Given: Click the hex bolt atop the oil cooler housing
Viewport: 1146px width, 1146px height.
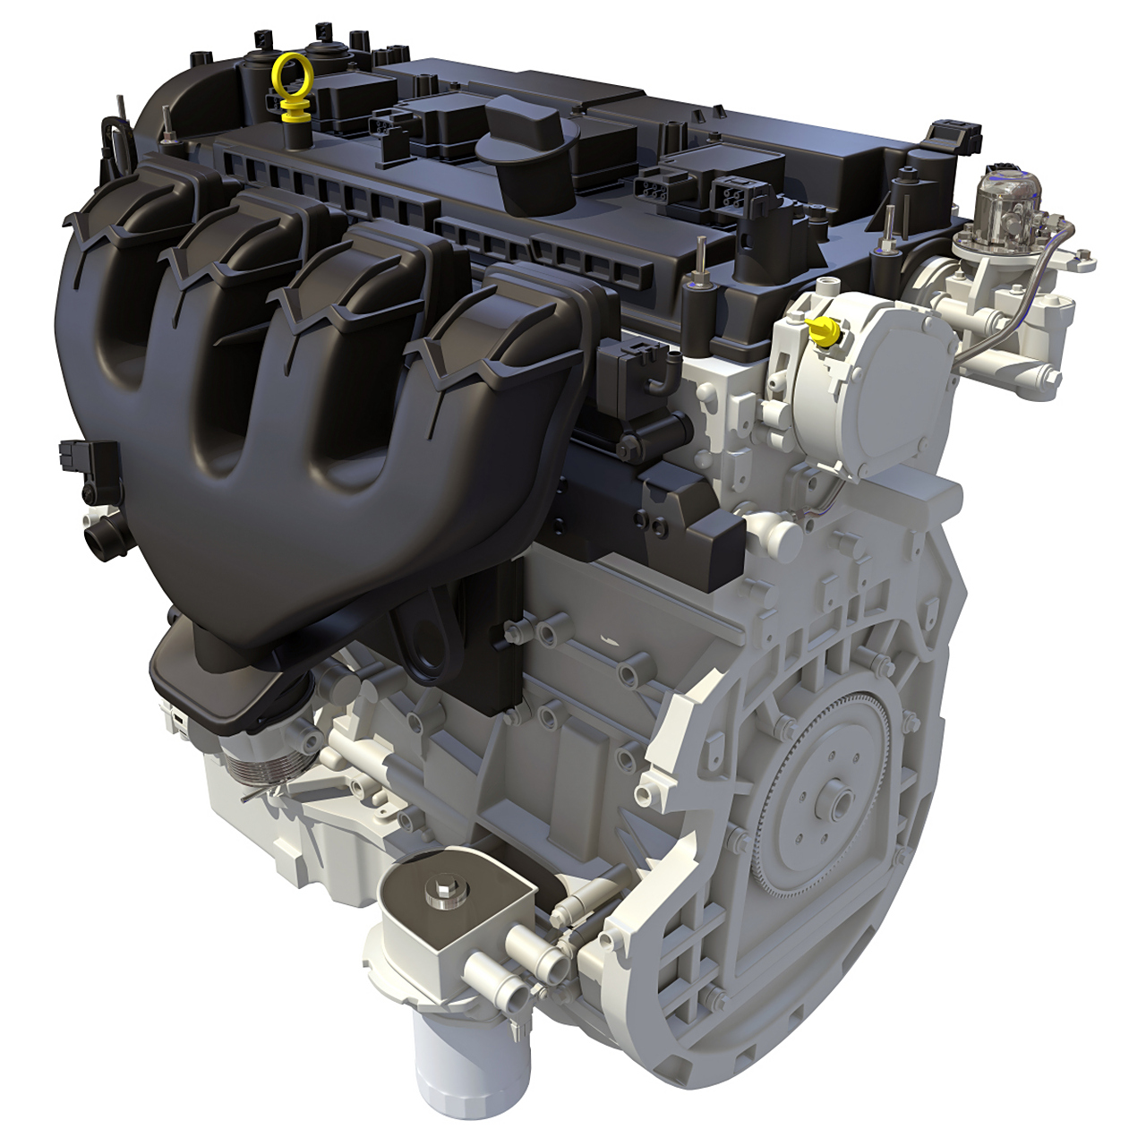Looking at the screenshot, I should coord(442,894).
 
